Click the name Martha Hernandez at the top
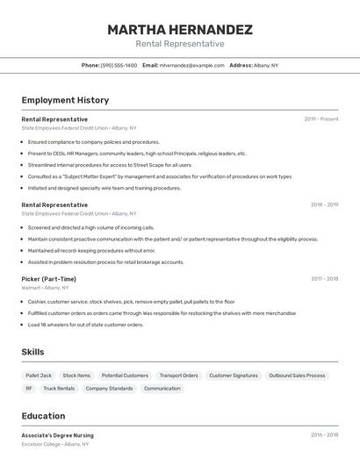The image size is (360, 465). point(180,30)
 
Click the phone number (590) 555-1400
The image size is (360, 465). point(119,65)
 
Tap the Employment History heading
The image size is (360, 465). point(65,100)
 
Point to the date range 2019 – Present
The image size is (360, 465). point(320,119)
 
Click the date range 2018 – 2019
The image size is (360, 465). point(324,205)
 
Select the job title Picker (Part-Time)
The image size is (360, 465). point(49,279)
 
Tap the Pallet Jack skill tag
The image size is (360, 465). point(39,376)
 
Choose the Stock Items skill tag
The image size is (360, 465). point(76,376)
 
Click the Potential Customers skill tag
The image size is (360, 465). point(125,376)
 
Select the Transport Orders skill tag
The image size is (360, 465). point(178,376)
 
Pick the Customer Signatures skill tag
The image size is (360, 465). point(233,376)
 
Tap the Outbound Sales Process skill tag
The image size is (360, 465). point(297,376)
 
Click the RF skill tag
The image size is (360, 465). point(29,388)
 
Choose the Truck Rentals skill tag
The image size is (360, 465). point(59,388)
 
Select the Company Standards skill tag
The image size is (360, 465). point(109,388)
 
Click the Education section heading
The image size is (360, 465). point(43,416)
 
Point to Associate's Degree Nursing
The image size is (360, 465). point(57,435)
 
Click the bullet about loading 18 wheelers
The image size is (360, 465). point(85,325)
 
